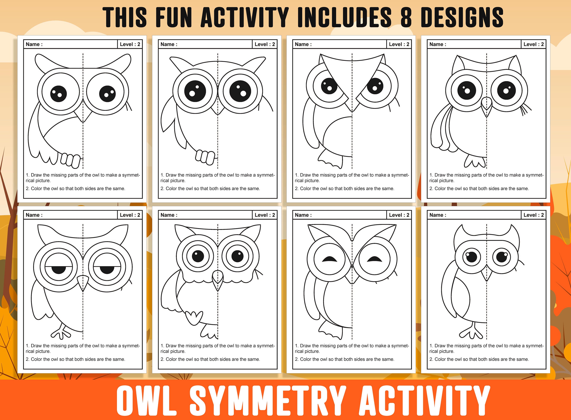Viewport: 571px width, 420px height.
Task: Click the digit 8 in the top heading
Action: pos(406,17)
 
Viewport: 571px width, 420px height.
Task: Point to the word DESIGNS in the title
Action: pos(462,17)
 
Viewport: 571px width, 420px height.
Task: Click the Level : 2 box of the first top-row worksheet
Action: pos(130,44)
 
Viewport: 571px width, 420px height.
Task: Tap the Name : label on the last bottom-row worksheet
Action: pos(438,215)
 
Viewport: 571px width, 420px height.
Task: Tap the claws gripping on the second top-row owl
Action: pos(205,157)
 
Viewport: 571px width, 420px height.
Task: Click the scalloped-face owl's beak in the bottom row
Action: pos(218,280)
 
